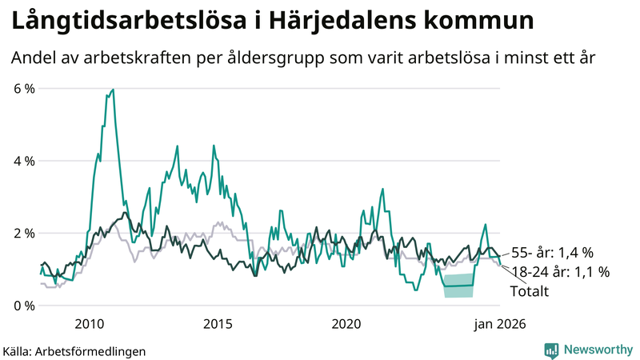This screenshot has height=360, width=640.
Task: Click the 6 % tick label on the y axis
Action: pos(23,88)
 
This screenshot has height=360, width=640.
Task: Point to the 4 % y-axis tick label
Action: pos(23,161)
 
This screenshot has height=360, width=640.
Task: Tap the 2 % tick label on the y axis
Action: pos(23,233)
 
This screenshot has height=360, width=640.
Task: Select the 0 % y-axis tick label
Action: pos(23,306)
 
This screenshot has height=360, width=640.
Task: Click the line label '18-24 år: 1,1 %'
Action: pos(559,272)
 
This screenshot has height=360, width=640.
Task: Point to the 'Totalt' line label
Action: pos(529,292)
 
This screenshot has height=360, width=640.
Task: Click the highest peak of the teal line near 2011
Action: pos(113,90)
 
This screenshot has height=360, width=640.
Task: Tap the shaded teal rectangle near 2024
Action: pos(458,286)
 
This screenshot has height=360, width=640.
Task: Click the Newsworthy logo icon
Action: pos(551,350)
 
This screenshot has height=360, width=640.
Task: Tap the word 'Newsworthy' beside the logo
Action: pos(596,350)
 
